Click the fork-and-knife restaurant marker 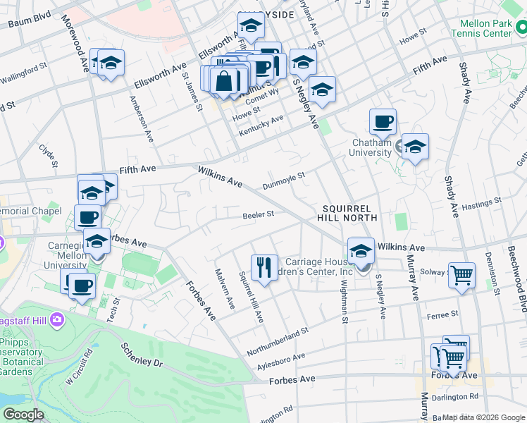click(x=264, y=267)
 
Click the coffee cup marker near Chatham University click(x=383, y=122)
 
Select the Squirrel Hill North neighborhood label click(x=351, y=213)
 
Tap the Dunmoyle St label click(x=283, y=180)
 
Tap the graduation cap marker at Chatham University click(x=415, y=147)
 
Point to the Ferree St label click(x=445, y=313)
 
